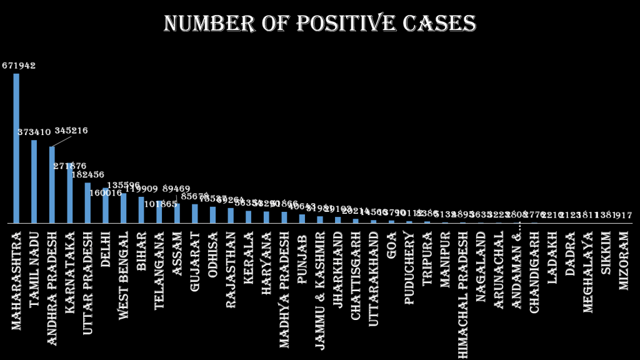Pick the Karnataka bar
[x=70, y=193]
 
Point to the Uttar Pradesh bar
[x=87, y=202]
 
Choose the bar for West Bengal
[x=124, y=208]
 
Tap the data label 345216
[x=71, y=131]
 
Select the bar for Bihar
[x=141, y=210]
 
